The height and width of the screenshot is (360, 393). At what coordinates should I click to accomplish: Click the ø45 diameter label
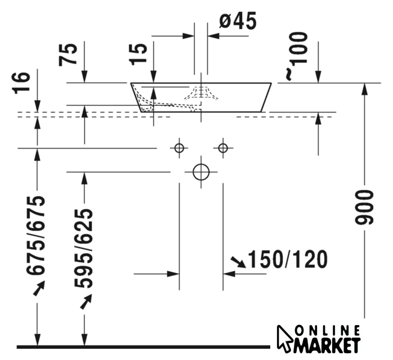238,21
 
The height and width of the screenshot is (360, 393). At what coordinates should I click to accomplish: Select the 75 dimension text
68,55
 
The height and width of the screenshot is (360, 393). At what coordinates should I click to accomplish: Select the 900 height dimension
364,206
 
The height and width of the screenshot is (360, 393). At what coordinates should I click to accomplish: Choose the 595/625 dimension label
83,249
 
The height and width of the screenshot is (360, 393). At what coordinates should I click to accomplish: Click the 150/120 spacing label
288,259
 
